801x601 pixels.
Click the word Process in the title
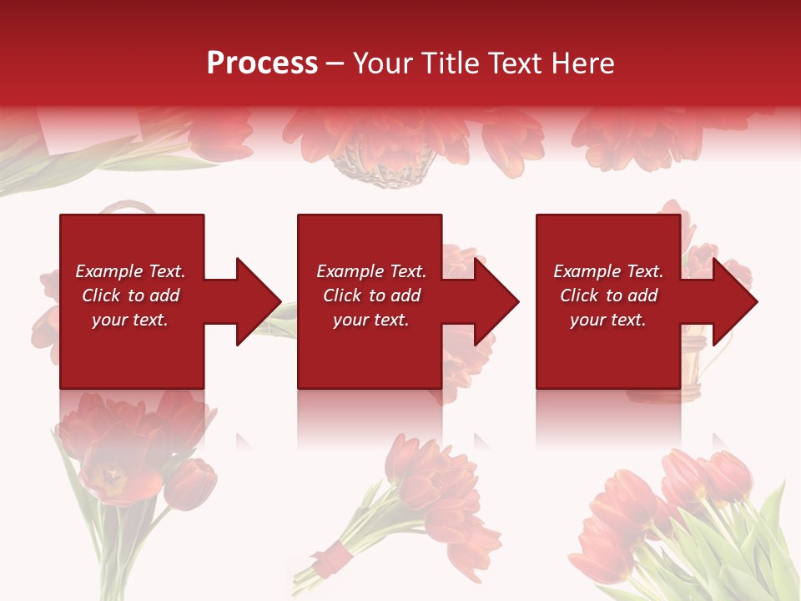262,63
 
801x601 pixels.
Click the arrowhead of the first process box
259,301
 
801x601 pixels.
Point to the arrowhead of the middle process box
496,301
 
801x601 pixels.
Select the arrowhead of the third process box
734,301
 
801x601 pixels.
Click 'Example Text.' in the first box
131,271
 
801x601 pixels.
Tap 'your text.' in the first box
131,320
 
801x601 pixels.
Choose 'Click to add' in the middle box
371,295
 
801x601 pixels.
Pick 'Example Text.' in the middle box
371,271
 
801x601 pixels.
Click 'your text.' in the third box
608,320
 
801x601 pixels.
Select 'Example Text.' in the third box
608,271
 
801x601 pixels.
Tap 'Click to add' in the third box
608,295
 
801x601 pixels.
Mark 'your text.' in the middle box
371,320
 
